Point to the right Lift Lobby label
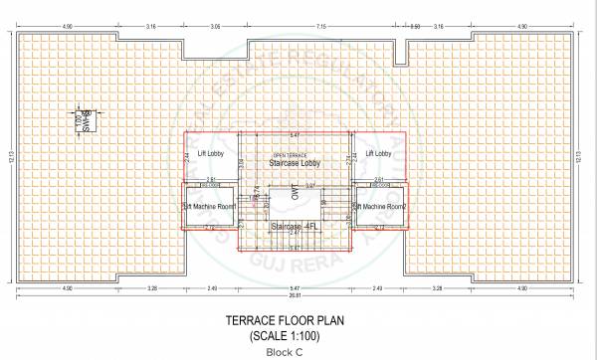coord(379,154)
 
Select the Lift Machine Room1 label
coord(209,206)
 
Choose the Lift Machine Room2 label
coord(382,206)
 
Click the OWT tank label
coord(295,195)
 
